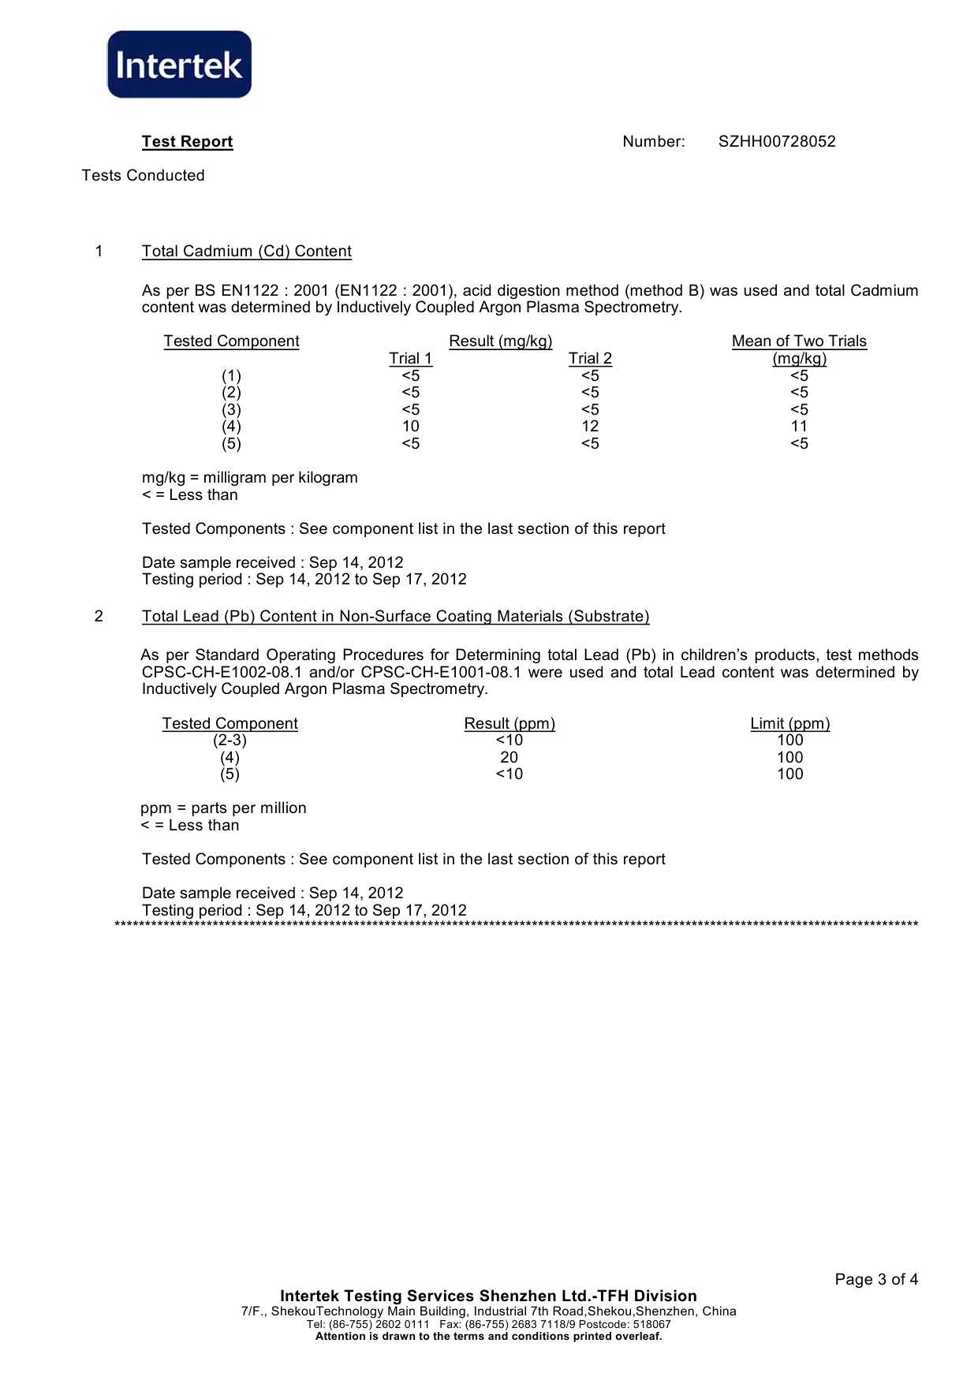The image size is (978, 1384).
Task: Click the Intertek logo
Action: (179, 65)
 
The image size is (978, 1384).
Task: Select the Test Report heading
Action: (187, 142)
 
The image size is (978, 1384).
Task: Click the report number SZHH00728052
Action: (776, 142)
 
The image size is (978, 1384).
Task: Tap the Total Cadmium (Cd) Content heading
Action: (246, 252)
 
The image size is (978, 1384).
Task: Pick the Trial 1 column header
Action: (410, 359)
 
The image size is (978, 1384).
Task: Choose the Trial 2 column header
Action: (590, 359)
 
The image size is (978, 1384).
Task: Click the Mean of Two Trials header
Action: (799, 341)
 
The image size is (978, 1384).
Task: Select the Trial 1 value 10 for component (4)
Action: (410, 427)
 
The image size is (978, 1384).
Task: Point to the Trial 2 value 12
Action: (590, 427)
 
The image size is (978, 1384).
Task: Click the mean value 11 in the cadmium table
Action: (799, 427)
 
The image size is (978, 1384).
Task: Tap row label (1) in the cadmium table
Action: (231, 376)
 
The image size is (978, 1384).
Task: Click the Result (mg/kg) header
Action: (500, 341)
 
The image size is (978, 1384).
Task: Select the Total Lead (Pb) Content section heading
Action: (395, 617)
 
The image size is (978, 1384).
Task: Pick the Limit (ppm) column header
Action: (789, 724)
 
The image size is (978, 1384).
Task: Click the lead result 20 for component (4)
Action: (509, 758)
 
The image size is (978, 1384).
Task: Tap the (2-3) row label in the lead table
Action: (230, 740)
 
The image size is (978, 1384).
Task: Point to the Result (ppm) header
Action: (510, 724)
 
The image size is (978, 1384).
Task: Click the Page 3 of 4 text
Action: (875, 1280)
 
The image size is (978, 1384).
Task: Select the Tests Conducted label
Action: (143, 176)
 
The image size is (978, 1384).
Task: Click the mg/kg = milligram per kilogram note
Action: (249, 478)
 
